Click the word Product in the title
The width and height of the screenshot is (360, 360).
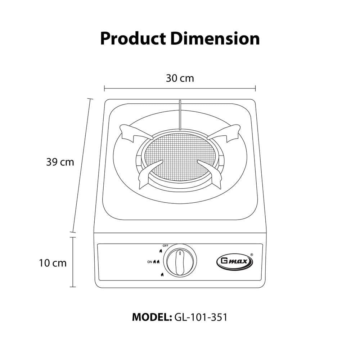tap(133, 39)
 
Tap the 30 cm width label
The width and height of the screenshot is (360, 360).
tap(180, 78)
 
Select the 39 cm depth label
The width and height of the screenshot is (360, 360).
tap(60, 162)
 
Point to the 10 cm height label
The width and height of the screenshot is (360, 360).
tap(53, 263)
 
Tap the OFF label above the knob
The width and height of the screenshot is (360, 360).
tap(165, 246)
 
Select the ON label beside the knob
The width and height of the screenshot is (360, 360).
tap(150, 262)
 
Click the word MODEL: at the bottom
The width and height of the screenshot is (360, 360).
tap(152, 317)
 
